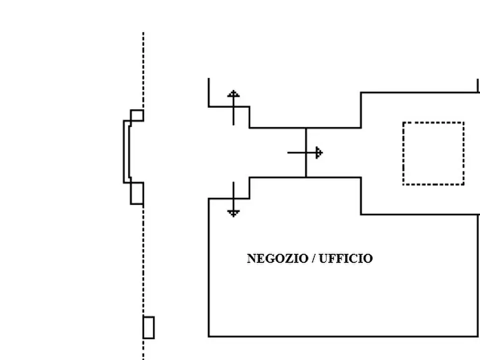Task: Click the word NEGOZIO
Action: tap(278, 258)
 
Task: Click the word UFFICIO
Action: tap(346, 258)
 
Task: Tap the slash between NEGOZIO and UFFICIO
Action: tap(313, 258)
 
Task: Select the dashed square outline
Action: tap(403, 153)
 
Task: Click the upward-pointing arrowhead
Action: tap(234, 93)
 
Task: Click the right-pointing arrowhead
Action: tap(319, 153)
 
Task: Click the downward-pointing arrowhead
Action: tap(234, 213)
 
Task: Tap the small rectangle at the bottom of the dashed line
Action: tap(148, 328)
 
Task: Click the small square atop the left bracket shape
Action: tap(137, 116)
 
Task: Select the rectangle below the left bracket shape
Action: tap(137, 193)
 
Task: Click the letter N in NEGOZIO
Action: tap(252, 258)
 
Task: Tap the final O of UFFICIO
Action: tap(369, 258)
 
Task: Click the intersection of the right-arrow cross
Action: tap(306, 153)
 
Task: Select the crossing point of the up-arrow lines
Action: tap(234, 106)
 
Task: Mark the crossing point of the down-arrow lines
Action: tap(234, 199)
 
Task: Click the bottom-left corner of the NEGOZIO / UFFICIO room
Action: tap(209, 336)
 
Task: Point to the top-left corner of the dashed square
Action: tap(403, 123)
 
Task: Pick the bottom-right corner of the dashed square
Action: tap(464, 185)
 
